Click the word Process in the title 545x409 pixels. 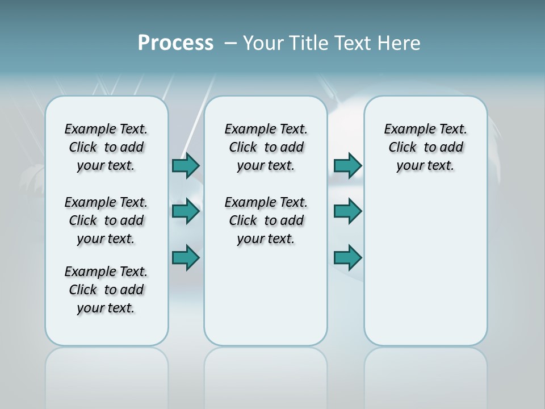(x=175, y=43)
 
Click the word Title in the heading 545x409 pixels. (x=307, y=43)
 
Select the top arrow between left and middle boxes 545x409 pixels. (x=186, y=165)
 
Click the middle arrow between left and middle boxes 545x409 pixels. (x=186, y=211)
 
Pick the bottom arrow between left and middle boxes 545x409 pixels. (x=186, y=257)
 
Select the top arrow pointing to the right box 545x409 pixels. (x=347, y=165)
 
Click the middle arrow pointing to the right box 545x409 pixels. (x=347, y=211)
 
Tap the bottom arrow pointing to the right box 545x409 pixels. (x=347, y=257)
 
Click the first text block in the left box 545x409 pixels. (x=106, y=147)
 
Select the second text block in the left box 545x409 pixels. (x=106, y=220)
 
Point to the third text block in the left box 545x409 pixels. (x=106, y=290)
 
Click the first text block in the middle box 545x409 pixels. (x=266, y=147)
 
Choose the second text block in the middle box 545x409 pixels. (x=266, y=220)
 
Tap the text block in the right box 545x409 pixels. (x=426, y=147)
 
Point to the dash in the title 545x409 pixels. (x=230, y=43)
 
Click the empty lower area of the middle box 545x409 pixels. (x=266, y=295)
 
